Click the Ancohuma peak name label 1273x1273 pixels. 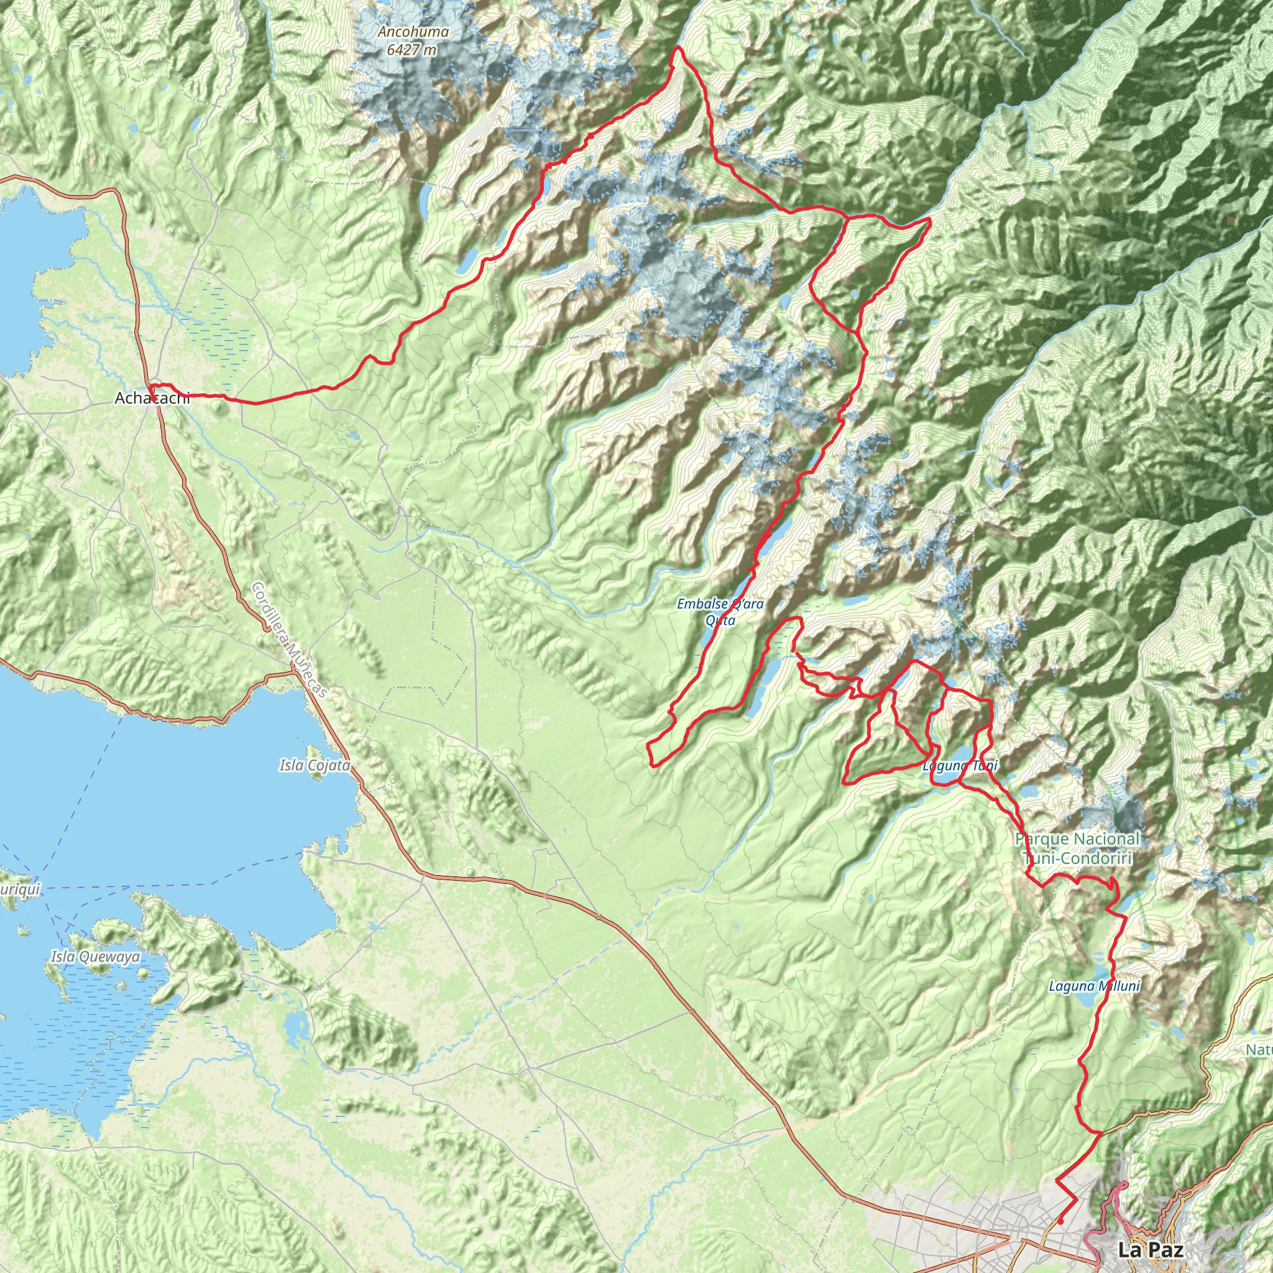tap(413, 32)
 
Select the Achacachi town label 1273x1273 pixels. tap(152, 398)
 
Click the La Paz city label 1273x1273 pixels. tap(1151, 1249)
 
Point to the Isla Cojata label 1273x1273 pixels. tap(315, 766)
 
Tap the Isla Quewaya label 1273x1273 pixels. tap(96, 956)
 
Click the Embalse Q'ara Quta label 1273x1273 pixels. tap(720, 612)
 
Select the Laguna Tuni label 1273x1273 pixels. tap(960, 766)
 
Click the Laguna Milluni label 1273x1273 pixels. tap(1094, 986)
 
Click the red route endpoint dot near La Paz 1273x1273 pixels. tap(1062, 1221)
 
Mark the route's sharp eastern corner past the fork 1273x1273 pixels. tap(930, 218)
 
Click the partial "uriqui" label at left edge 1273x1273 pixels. tap(20, 890)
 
